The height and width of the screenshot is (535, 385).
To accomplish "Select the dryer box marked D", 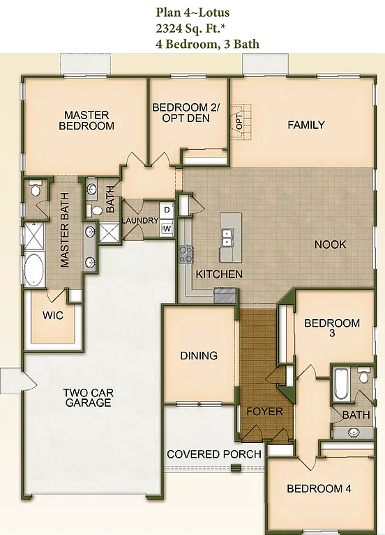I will pyautogui.click(x=167, y=210).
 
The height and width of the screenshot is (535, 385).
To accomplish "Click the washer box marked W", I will pyautogui.click(x=167, y=228).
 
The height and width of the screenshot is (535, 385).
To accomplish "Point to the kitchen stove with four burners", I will pyautogui.click(x=186, y=254).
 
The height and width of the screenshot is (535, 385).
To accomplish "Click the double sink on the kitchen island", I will pyautogui.click(x=227, y=239).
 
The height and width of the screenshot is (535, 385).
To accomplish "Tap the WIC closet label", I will pyautogui.click(x=53, y=316).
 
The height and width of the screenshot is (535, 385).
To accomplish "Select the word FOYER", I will pyautogui.click(x=265, y=411).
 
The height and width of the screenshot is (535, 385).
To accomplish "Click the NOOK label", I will pyautogui.click(x=330, y=245).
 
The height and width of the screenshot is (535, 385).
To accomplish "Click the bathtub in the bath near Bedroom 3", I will pyautogui.click(x=341, y=384).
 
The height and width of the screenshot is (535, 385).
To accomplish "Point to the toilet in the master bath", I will pyautogui.click(x=36, y=188).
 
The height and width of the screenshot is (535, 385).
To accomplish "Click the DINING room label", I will pyautogui.click(x=199, y=355).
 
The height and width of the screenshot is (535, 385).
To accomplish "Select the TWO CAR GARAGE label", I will pyautogui.click(x=88, y=398).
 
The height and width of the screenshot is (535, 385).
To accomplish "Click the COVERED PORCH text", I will pyautogui.click(x=214, y=454).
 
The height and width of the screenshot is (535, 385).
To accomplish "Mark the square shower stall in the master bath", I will pyautogui.click(x=34, y=235).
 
